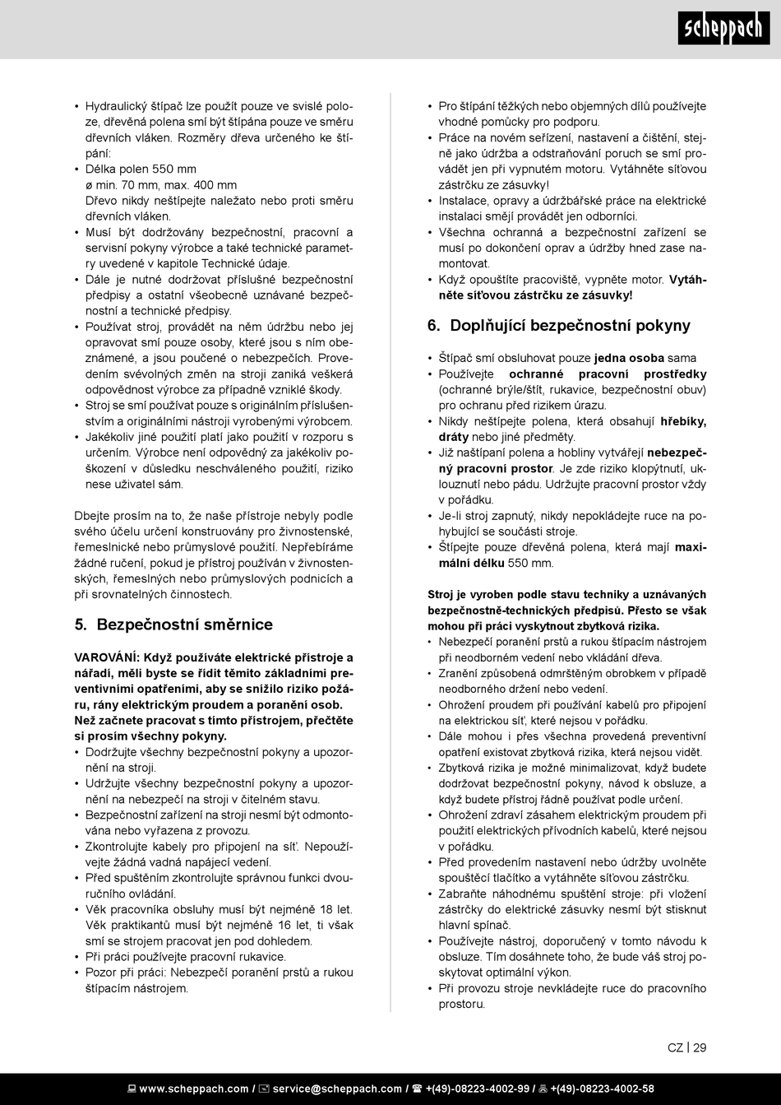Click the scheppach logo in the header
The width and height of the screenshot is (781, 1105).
[723, 30]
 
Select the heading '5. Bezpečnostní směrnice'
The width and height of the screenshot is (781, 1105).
[173, 624]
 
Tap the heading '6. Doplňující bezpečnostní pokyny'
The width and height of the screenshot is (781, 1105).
[559, 325]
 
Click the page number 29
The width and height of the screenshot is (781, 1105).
[700, 1047]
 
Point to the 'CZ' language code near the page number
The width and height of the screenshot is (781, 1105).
[675, 1047]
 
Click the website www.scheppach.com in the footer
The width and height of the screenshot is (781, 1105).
[194, 1089]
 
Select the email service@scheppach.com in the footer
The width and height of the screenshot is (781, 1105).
[337, 1089]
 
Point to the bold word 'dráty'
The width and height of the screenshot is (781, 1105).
[455, 437]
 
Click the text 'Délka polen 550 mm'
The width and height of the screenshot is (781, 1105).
[141, 169]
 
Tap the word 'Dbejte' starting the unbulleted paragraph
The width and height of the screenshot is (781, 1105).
[91, 516]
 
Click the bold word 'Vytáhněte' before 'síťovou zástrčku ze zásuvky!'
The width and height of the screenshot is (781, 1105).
[687, 280]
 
